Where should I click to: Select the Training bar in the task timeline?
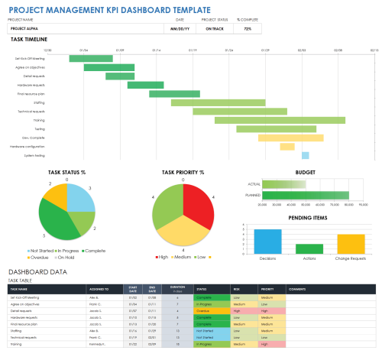click(251, 120)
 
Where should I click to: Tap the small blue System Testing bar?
click(305, 155)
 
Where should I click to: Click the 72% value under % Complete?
click(248, 29)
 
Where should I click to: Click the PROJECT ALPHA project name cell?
click(84, 29)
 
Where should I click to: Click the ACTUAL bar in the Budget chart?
click(283, 184)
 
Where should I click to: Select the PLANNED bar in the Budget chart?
click(305, 195)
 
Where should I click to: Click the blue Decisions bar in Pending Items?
click(267, 241)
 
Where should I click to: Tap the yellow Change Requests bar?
click(351, 244)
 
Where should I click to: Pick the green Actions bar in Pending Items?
click(309, 248)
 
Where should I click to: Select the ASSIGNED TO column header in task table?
click(99, 289)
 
